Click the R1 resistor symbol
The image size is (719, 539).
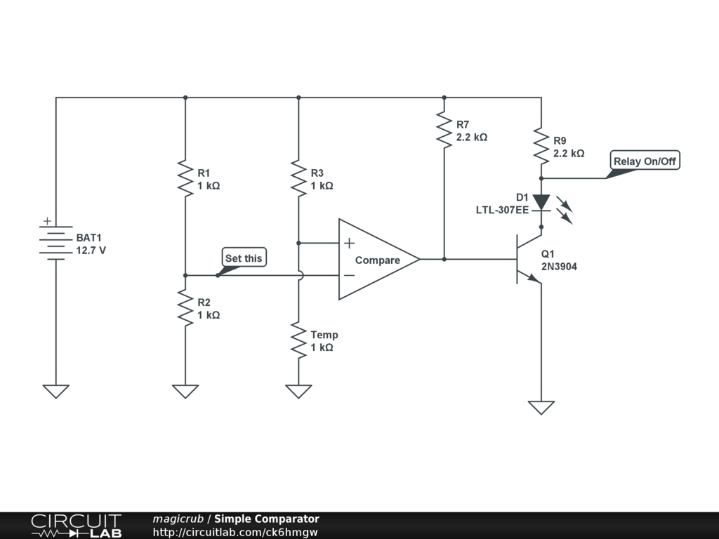click(185, 178)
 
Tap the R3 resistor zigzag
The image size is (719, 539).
click(298, 178)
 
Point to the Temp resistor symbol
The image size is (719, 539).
click(298, 341)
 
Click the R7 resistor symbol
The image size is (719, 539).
click(444, 130)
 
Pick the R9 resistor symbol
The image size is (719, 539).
click(541, 145)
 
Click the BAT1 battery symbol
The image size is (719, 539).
click(56, 243)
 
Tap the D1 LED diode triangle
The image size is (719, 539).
click(541, 202)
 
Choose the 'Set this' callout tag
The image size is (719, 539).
click(243, 258)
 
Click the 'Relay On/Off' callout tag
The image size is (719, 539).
click(645, 161)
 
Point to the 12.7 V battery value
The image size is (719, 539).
click(91, 250)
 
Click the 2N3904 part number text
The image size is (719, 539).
click(559, 267)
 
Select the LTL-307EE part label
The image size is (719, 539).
click(502, 209)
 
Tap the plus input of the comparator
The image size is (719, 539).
click(349, 244)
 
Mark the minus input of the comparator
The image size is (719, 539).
click(349, 276)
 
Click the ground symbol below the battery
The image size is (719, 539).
click(56, 391)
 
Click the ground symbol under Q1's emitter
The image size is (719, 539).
click(541, 407)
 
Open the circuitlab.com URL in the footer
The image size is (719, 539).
click(235, 532)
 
